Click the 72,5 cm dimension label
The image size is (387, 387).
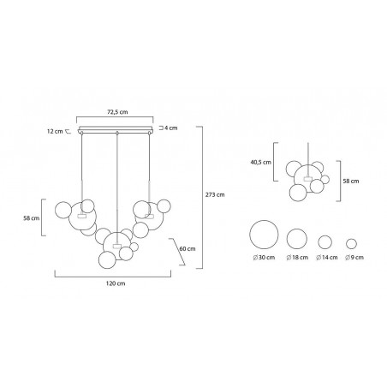click(117, 112)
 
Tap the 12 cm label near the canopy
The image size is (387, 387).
click(55, 132)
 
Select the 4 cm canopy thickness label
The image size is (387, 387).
click(170, 128)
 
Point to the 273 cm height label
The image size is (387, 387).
click(215, 194)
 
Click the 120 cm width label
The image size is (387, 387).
click(116, 283)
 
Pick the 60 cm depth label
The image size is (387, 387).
click(188, 249)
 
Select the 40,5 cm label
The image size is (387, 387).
click(261, 162)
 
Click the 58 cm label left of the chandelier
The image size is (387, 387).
click(32, 218)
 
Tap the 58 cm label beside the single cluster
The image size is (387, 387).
click(351, 181)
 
